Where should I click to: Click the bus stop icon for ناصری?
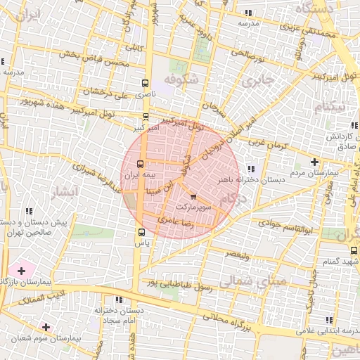click(146, 82)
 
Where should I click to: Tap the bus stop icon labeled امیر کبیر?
click(146, 117)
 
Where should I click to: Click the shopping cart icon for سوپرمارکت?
click(193, 198)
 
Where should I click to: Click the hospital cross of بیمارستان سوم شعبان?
click(46, 327)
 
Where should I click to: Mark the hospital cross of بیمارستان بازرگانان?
click(21, 271)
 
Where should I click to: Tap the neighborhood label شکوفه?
click(184, 79)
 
